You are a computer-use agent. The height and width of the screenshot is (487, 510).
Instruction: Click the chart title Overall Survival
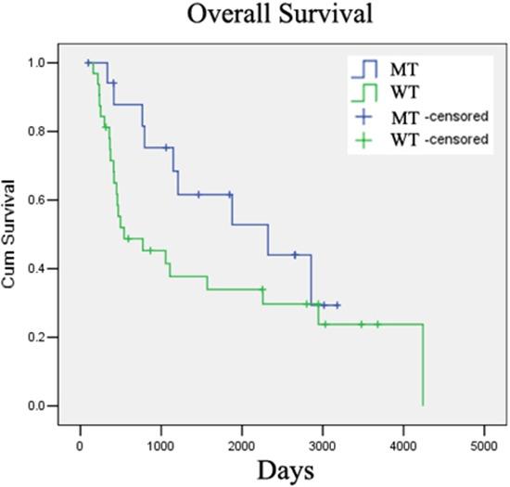click(x=265, y=16)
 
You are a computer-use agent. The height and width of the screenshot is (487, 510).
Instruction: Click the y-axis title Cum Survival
click(x=12, y=234)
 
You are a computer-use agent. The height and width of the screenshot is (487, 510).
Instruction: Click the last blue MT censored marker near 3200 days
click(x=338, y=305)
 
